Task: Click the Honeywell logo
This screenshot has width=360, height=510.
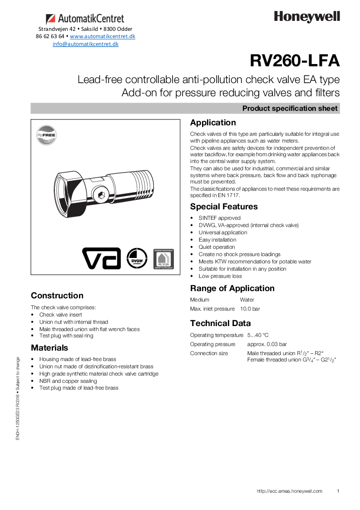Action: click(x=306, y=17)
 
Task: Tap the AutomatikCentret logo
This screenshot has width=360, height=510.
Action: click(x=85, y=19)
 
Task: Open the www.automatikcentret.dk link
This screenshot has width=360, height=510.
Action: click(x=102, y=36)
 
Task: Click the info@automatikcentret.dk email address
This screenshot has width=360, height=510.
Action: click(x=85, y=44)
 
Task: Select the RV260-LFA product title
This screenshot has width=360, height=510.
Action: click(x=295, y=60)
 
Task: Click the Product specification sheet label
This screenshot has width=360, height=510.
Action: click(x=290, y=109)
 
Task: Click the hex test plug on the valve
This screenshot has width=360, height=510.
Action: click(x=101, y=196)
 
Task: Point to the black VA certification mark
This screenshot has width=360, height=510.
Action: click(x=101, y=258)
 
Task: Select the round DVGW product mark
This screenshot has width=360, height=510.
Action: click(x=137, y=258)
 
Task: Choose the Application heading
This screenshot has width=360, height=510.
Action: click(x=213, y=123)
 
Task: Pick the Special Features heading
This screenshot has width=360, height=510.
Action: click(x=224, y=207)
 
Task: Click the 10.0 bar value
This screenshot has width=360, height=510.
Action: click(x=250, y=309)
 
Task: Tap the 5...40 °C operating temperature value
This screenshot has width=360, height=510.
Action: click(x=258, y=335)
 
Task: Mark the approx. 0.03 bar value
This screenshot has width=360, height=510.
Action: click(x=267, y=344)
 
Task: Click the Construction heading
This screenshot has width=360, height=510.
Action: click(x=57, y=296)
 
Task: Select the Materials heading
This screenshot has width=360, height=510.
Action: click(x=49, y=348)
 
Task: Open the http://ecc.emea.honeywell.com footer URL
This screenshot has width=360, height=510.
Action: click(x=289, y=491)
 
